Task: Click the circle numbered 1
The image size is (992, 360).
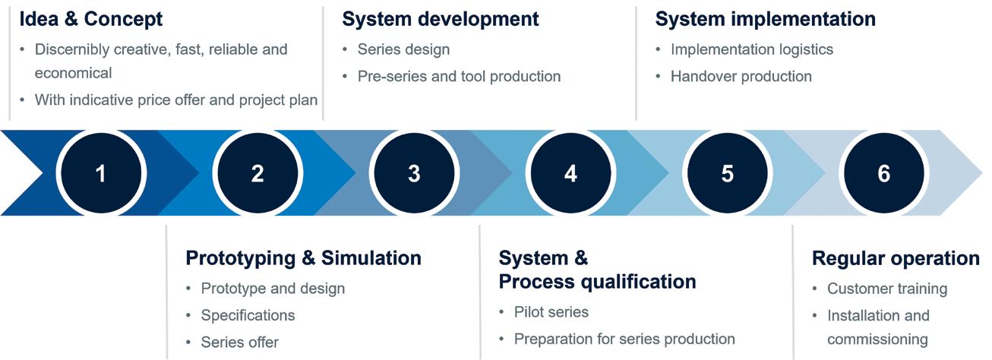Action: [x=100, y=173]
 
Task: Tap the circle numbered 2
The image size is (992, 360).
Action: [x=257, y=173]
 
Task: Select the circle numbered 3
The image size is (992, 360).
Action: [x=414, y=173]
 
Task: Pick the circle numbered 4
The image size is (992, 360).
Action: [x=570, y=173]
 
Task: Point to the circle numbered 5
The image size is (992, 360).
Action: [x=727, y=173]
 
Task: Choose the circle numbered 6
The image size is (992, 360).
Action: [x=883, y=173]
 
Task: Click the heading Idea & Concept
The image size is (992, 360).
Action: [x=91, y=18]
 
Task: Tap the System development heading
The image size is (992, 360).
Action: [x=441, y=19]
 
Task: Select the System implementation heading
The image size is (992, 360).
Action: [x=766, y=19]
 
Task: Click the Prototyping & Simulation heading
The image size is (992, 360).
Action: [x=303, y=258]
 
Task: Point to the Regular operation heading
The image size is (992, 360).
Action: [x=896, y=258]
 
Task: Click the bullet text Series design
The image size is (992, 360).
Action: [x=403, y=49]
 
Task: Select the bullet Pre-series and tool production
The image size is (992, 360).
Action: [x=459, y=77]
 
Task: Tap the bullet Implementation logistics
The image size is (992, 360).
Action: [x=751, y=49]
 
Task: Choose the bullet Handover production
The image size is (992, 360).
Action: [x=741, y=77]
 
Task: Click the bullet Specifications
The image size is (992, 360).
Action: [x=248, y=315]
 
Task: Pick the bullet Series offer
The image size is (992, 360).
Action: [x=239, y=343]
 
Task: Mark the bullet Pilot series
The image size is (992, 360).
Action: [x=551, y=312]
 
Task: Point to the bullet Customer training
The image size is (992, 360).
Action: [x=886, y=289]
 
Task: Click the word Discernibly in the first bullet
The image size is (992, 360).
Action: [x=72, y=49]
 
